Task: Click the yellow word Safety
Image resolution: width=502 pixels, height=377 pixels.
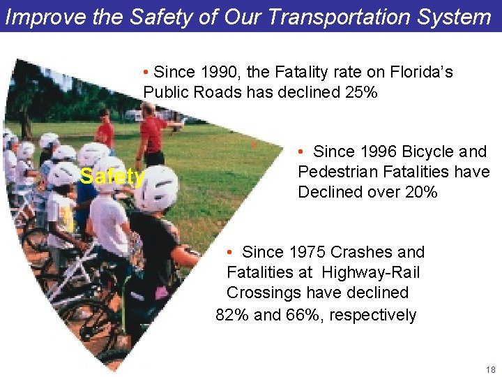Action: coord(112,177)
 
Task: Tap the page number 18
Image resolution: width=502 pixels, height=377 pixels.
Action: coord(490,369)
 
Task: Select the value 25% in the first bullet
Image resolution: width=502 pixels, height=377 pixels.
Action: coord(360,92)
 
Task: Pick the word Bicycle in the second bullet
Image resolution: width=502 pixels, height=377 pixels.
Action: coord(427,151)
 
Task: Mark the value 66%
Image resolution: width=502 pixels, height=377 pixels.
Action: coord(303,315)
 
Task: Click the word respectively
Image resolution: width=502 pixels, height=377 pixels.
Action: coord(372,315)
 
